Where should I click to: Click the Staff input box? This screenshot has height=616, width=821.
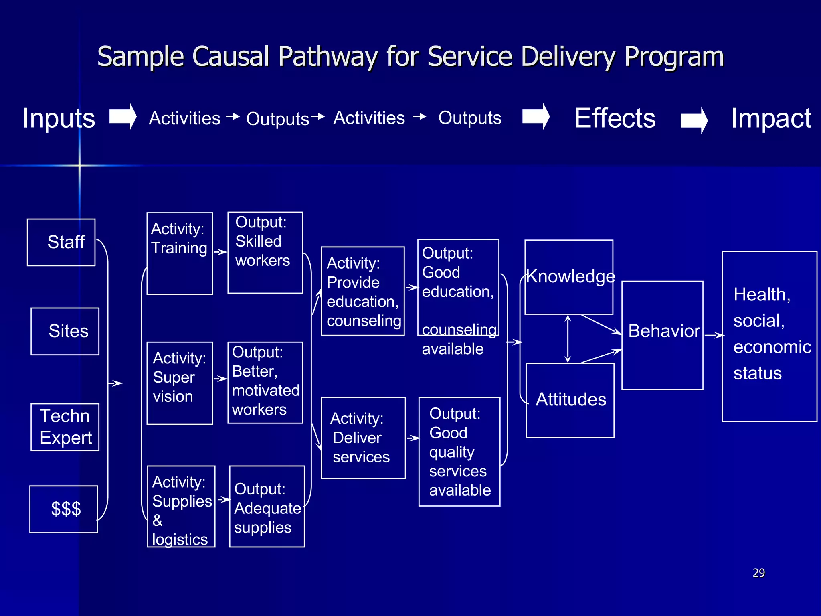pyautogui.click(x=61, y=242)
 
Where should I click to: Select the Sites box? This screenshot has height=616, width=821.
pyautogui.click(x=65, y=331)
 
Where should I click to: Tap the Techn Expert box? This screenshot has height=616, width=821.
pyautogui.click(x=65, y=427)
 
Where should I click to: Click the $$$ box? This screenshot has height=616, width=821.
pyautogui.click(x=64, y=509)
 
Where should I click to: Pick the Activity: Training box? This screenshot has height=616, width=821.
pyautogui.click(x=180, y=253)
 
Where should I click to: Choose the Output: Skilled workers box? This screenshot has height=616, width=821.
pyautogui.click(x=265, y=253)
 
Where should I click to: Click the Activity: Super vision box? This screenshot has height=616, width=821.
pyautogui.click(x=180, y=383)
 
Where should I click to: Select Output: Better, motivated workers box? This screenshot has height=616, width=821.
pyautogui.click(x=265, y=383)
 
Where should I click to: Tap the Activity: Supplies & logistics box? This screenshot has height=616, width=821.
pyautogui.click(x=181, y=506)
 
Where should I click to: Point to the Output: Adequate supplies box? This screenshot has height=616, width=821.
pyautogui.click(x=267, y=506)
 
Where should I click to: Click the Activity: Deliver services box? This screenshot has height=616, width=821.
pyautogui.click(x=363, y=438)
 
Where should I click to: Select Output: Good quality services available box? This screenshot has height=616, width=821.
pyautogui.click(x=459, y=452)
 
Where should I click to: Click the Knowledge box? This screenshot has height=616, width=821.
pyautogui.click(x=569, y=277)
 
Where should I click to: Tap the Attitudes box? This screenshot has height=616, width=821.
pyautogui.click(x=570, y=400)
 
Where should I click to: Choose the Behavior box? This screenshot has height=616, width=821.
pyautogui.click(x=662, y=335)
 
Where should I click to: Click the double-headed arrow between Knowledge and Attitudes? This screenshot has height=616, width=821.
pyautogui.click(x=568, y=339)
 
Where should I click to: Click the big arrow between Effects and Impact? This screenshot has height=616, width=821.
pyautogui.click(x=694, y=120)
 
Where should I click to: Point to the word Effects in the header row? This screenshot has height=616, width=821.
pyautogui.click(x=615, y=118)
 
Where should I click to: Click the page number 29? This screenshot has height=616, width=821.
pyautogui.click(x=758, y=573)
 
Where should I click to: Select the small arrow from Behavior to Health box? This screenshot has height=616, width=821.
pyautogui.click(x=714, y=335)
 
